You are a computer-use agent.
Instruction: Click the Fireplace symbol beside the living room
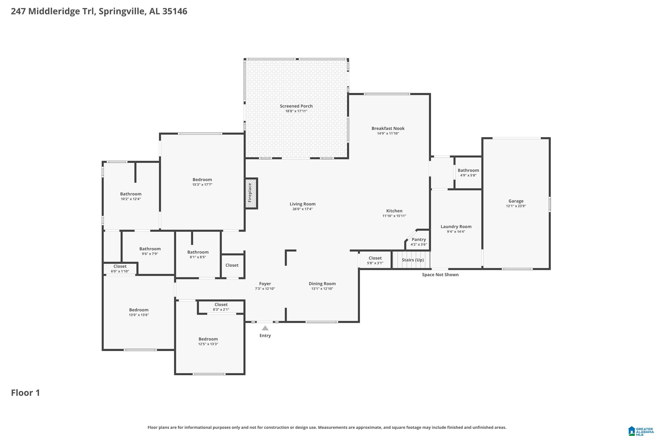pyautogui.click(x=251, y=193)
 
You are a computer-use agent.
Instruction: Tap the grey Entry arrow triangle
pyautogui.click(x=265, y=328)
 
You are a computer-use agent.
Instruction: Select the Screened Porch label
pyautogui.click(x=296, y=106)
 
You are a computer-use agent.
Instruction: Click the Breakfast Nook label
pyautogui.click(x=388, y=128)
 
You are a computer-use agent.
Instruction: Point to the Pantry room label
pyautogui.click(x=419, y=239)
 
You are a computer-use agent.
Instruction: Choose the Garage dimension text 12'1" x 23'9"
pyautogui.click(x=516, y=206)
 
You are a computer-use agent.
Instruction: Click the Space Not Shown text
pyautogui.click(x=440, y=275)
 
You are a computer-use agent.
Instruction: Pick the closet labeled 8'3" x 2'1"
pyautogui.click(x=221, y=307)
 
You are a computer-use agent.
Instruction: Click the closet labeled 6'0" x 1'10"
pyautogui.click(x=120, y=269)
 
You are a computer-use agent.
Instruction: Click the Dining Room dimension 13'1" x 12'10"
pyautogui.click(x=322, y=289)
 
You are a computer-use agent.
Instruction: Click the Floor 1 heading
pyautogui.click(x=26, y=393)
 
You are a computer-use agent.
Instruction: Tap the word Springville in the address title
pyautogui.click(x=121, y=11)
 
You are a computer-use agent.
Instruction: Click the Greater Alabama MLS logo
pyautogui.click(x=640, y=430)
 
